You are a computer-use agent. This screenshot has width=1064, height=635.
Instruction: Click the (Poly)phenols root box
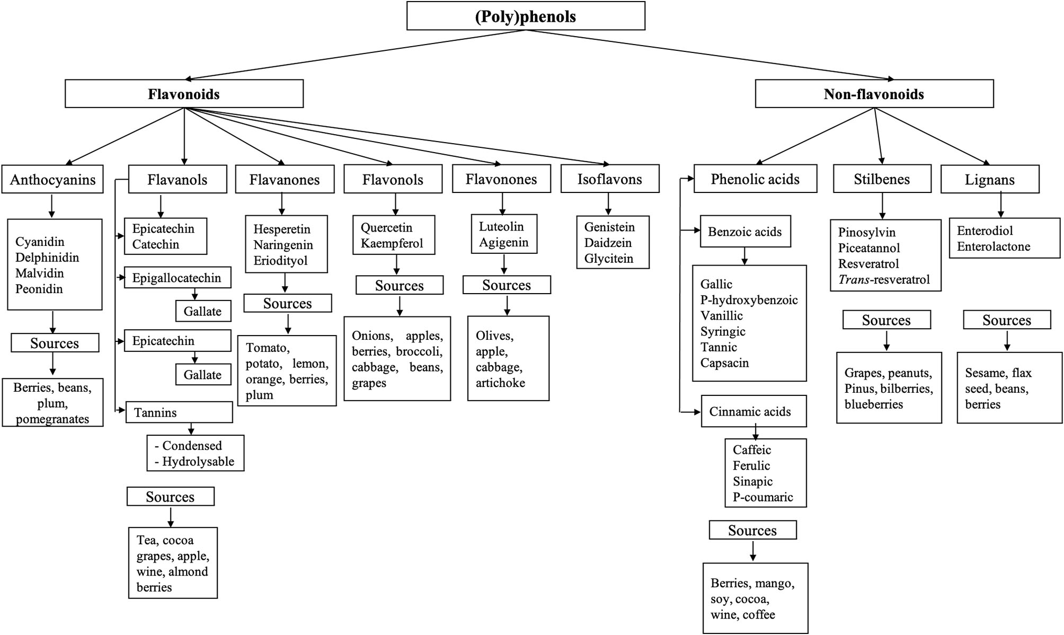point(526,16)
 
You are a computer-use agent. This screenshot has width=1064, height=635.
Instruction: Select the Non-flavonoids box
point(874,94)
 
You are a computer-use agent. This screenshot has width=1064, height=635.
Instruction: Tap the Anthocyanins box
point(52,180)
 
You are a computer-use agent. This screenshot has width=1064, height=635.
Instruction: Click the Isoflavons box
point(609,179)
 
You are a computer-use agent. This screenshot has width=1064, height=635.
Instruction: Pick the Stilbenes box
point(882,179)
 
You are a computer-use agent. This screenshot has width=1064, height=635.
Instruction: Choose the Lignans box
point(989,180)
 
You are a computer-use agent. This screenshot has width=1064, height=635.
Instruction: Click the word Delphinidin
point(47,258)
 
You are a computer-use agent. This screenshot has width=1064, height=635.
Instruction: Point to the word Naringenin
point(283,245)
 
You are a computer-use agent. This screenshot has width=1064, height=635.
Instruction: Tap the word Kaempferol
point(392,243)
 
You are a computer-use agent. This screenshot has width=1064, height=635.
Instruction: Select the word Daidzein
point(608,243)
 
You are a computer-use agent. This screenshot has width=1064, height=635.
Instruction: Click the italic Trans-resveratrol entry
point(884,279)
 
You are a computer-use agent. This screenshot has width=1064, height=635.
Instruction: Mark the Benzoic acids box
point(745,232)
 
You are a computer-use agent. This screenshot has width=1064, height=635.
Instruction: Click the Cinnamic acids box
point(753,411)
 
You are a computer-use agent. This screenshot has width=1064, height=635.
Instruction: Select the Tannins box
point(179,412)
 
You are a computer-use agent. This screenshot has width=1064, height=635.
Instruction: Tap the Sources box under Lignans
point(1006,320)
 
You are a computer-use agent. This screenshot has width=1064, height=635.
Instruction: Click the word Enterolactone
point(994,246)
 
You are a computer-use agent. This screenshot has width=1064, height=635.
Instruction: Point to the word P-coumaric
point(762,497)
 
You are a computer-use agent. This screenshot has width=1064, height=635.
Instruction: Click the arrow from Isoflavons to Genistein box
point(608,204)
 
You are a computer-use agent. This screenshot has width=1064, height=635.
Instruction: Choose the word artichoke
point(500,383)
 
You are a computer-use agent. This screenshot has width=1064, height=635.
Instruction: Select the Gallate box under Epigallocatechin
point(203,311)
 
